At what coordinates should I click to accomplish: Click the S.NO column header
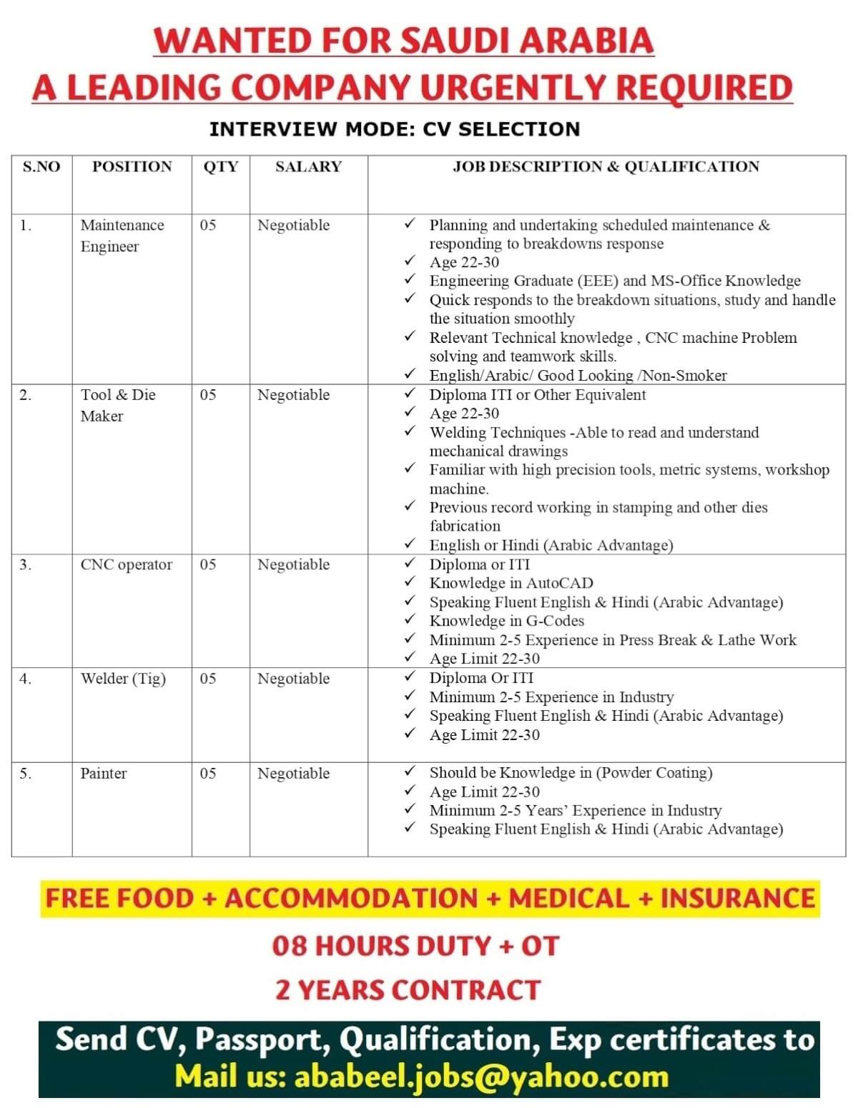pos(41,167)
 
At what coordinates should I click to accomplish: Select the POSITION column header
pos(132,167)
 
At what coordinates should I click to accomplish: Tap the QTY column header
pos(220,167)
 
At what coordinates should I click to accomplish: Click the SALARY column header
pos(308,167)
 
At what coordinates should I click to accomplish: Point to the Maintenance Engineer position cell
pos(122,236)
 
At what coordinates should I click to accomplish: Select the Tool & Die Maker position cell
pos(118,405)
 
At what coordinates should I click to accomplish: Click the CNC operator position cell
pos(126,565)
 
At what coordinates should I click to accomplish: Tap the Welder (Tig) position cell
pos(123,679)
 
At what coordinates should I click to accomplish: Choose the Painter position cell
pos(104,774)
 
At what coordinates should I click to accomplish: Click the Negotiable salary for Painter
pos(293,774)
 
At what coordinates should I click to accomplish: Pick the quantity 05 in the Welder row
pos(208,679)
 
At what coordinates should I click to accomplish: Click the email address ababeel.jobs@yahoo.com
pos(481,1077)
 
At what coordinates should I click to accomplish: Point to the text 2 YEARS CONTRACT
pos(408,990)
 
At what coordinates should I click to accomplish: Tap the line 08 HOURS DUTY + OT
pos(415,946)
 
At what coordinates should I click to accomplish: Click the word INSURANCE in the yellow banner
pos(737,899)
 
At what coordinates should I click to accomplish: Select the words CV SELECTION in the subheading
pos(501,129)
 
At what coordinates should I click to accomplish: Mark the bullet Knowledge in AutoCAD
pos(511,584)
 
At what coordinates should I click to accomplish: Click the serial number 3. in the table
pos(26,565)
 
